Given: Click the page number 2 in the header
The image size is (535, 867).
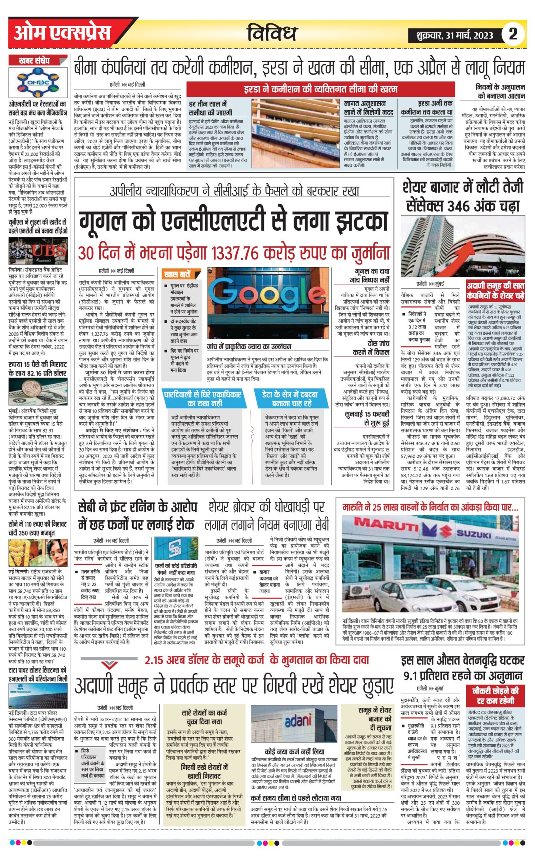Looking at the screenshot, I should tap(513, 34).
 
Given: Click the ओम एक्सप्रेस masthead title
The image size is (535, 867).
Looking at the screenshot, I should tap(62, 34).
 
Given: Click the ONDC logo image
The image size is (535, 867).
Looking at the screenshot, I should tap(38, 82).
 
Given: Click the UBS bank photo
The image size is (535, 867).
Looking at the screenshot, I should tap(38, 251).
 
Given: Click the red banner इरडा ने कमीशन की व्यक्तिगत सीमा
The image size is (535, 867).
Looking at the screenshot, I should tap(320, 89).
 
